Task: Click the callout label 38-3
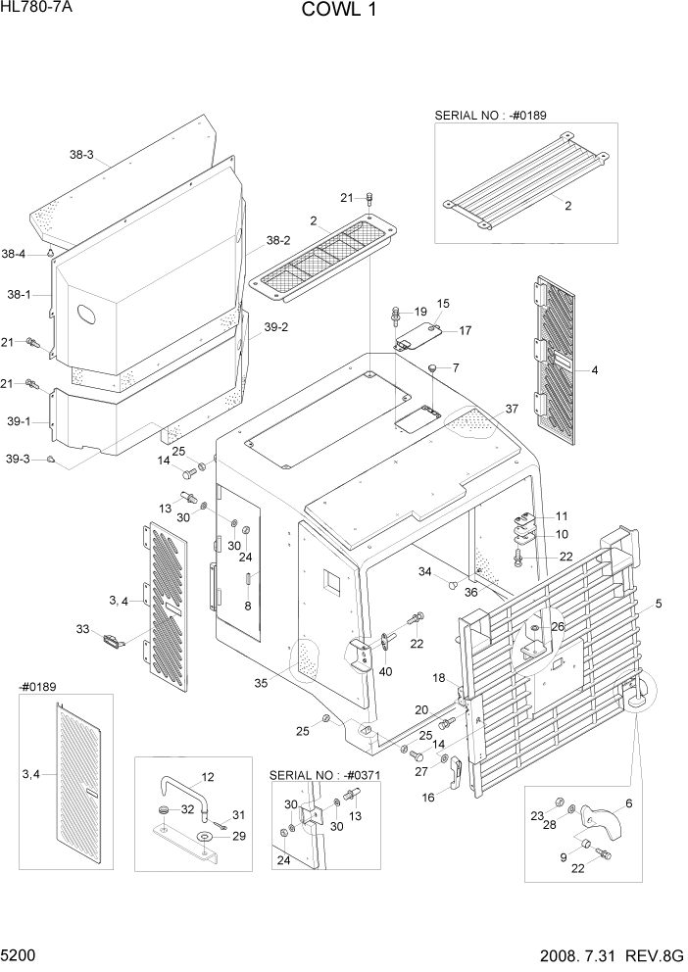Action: click(x=81, y=155)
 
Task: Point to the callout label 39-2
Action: click(x=277, y=328)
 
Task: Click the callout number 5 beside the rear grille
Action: click(x=658, y=605)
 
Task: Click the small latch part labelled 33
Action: click(x=114, y=641)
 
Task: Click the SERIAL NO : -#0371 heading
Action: click(x=326, y=775)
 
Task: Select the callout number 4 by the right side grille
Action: click(x=594, y=371)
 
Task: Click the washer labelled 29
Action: click(x=207, y=837)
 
